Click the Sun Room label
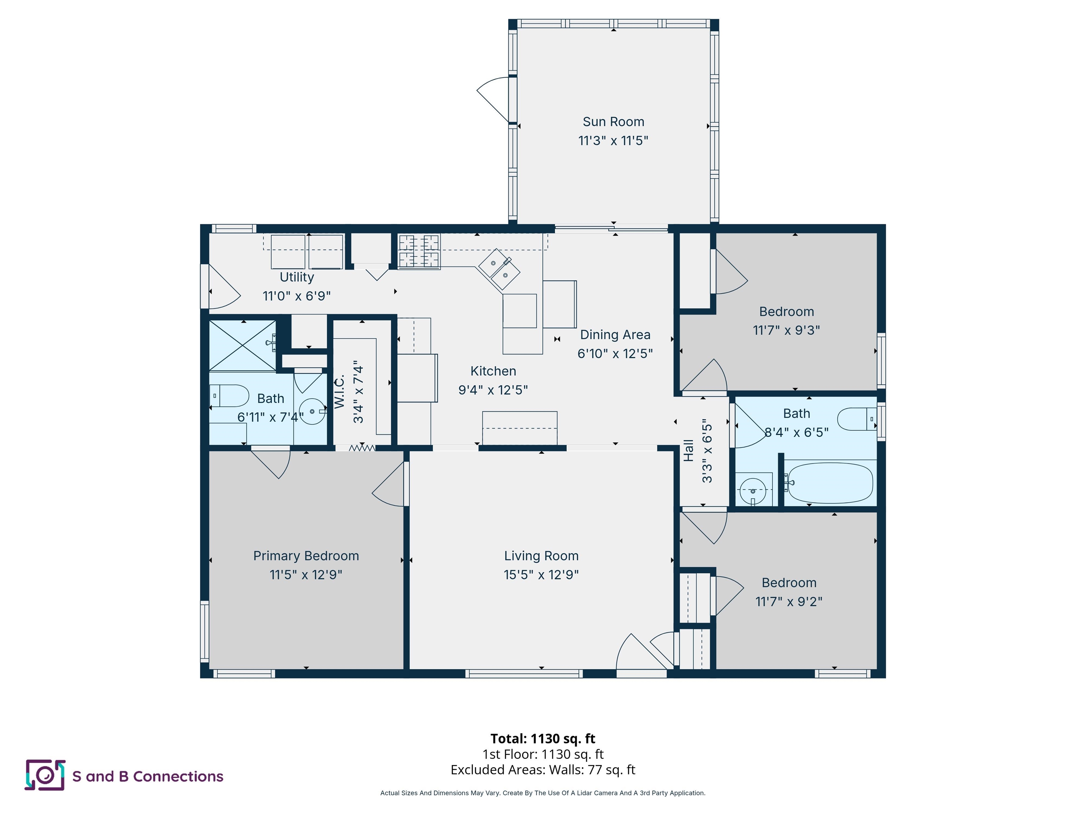click(x=613, y=122)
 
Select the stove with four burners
click(x=418, y=252)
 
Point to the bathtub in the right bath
click(x=829, y=482)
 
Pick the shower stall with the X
click(x=243, y=345)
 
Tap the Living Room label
click(x=541, y=556)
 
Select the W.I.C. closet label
click(x=340, y=392)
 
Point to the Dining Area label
click(x=615, y=335)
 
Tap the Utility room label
click(x=297, y=277)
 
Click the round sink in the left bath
click(x=312, y=411)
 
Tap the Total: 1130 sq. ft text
click(x=543, y=738)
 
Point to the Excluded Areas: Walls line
click(x=543, y=770)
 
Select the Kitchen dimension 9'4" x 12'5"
click(x=493, y=390)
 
